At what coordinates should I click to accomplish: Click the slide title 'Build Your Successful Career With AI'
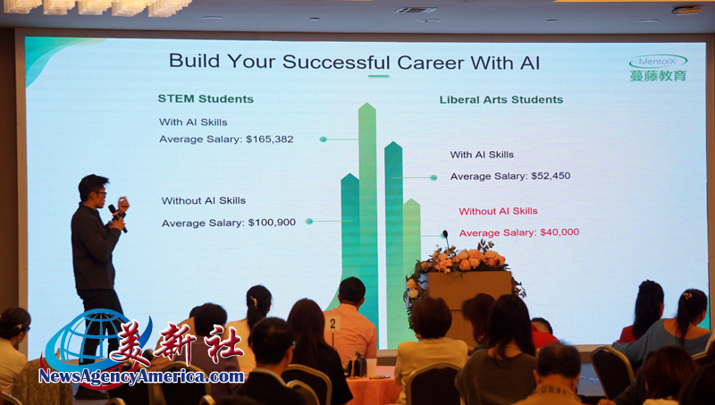click(354, 62)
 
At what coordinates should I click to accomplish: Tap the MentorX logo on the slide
click(658, 61)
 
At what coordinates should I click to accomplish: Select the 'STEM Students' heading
click(206, 99)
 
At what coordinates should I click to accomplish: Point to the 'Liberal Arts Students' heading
click(501, 100)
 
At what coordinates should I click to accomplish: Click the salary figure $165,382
click(270, 139)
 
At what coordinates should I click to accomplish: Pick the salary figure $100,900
click(272, 223)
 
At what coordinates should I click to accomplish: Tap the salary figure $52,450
click(551, 176)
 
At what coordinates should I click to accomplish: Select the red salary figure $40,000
click(559, 232)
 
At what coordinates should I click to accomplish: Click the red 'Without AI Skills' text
click(498, 211)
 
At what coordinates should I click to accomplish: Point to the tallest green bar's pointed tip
click(367, 104)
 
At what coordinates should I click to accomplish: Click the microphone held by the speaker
click(117, 217)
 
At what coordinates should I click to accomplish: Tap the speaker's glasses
click(100, 193)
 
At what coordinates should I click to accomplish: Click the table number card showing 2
click(332, 324)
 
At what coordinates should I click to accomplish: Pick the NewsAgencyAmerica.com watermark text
click(141, 376)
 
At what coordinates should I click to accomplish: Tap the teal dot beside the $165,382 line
click(323, 139)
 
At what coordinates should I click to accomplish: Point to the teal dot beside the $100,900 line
click(309, 222)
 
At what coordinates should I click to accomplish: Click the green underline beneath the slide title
click(378, 76)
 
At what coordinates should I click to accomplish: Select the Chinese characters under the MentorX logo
click(658, 76)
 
